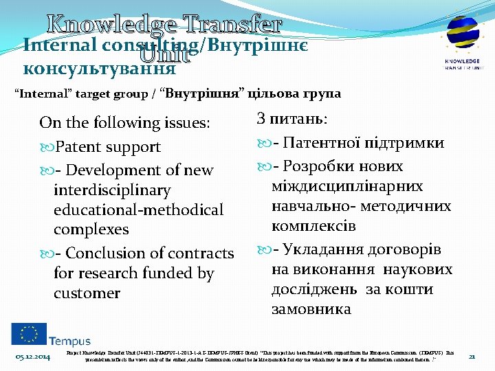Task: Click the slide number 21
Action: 472,356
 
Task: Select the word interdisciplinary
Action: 111,190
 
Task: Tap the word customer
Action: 87,293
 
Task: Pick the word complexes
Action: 91,229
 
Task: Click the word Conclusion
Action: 106,254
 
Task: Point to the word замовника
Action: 311,309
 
